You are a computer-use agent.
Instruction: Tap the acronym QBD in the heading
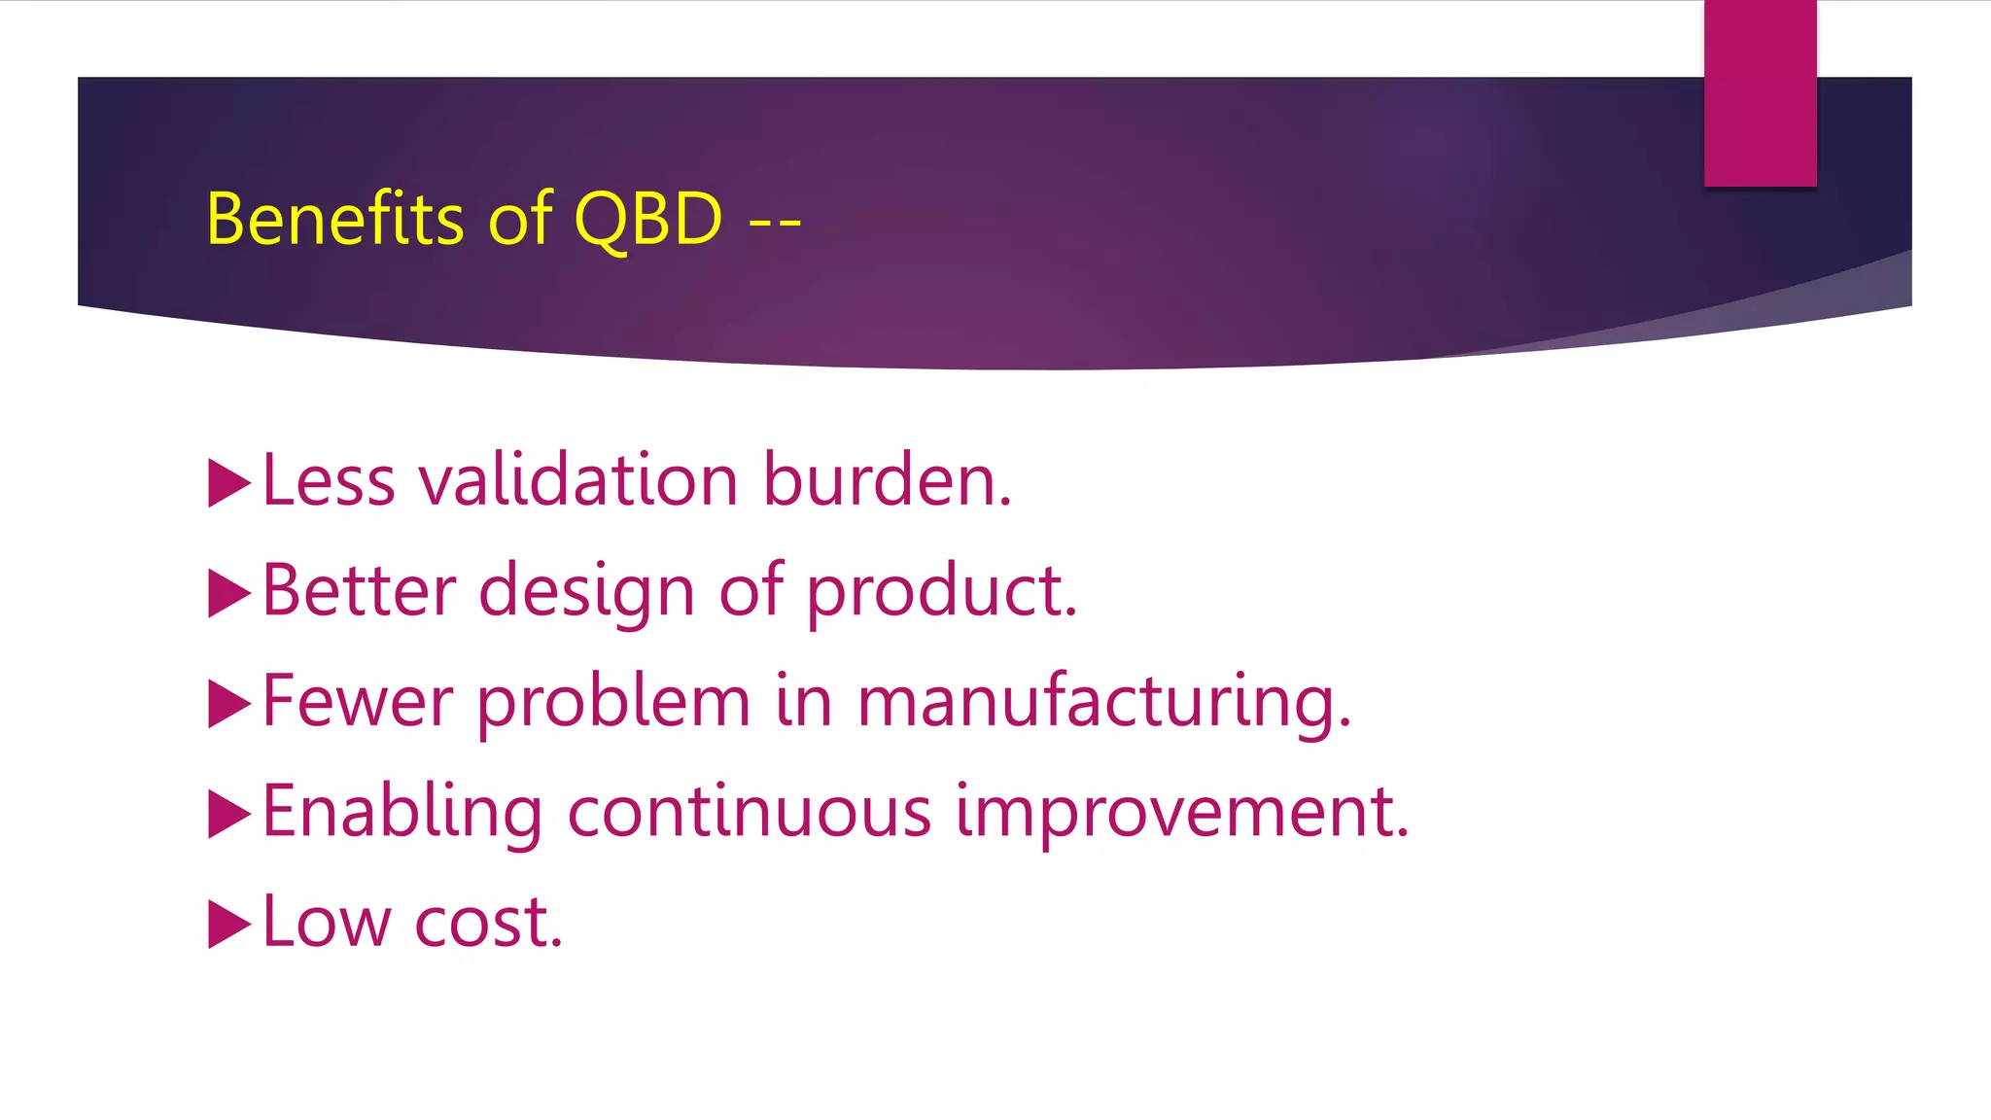(x=648, y=219)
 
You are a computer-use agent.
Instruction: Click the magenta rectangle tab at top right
(x=1760, y=92)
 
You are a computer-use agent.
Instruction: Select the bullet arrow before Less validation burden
(x=228, y=483)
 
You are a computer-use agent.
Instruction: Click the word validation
(x=578, y=480)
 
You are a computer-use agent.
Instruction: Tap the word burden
(x=887, y=480)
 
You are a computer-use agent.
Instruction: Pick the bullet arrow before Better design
(x=228, y=593)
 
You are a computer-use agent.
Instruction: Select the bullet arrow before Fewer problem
(x=228, y=704)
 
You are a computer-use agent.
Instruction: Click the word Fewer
(x=358, y=701)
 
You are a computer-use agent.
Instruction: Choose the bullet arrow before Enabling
(x=228, y=814)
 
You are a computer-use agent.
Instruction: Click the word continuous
(x=749, y=812)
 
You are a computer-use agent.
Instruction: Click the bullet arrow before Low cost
(x=228, y=924)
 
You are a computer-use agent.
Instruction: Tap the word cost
(x=488, y=923)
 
